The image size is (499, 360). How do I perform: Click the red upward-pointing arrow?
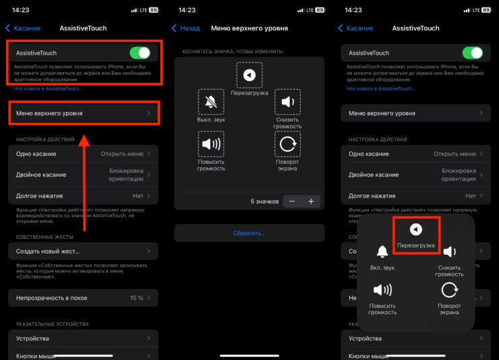point(84,183)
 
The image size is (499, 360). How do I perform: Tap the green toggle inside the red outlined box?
point(140,53)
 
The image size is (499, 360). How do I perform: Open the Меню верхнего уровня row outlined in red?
point(84,113)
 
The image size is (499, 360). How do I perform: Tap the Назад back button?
point(186,28)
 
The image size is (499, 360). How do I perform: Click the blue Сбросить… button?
point(249,233)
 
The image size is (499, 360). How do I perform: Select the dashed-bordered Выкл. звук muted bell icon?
point(211,102)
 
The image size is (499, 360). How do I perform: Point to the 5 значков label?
point(264,202)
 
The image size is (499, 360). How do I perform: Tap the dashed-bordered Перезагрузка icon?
point(249,75)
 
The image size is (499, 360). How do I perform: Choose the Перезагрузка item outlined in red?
point(416,235)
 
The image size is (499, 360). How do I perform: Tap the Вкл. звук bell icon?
point(382,251)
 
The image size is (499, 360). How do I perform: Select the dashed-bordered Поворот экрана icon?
point(287,144)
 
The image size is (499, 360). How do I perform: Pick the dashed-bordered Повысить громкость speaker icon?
point(211,144)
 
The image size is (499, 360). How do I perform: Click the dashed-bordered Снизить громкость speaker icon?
point(287,102)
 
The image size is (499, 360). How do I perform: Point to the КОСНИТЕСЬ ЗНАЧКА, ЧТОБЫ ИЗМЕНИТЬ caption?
point(233,51)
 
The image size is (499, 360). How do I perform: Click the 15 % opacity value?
point(136,298)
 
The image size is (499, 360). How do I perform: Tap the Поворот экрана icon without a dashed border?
point(449,290)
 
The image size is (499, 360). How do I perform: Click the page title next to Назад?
point(249,28)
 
